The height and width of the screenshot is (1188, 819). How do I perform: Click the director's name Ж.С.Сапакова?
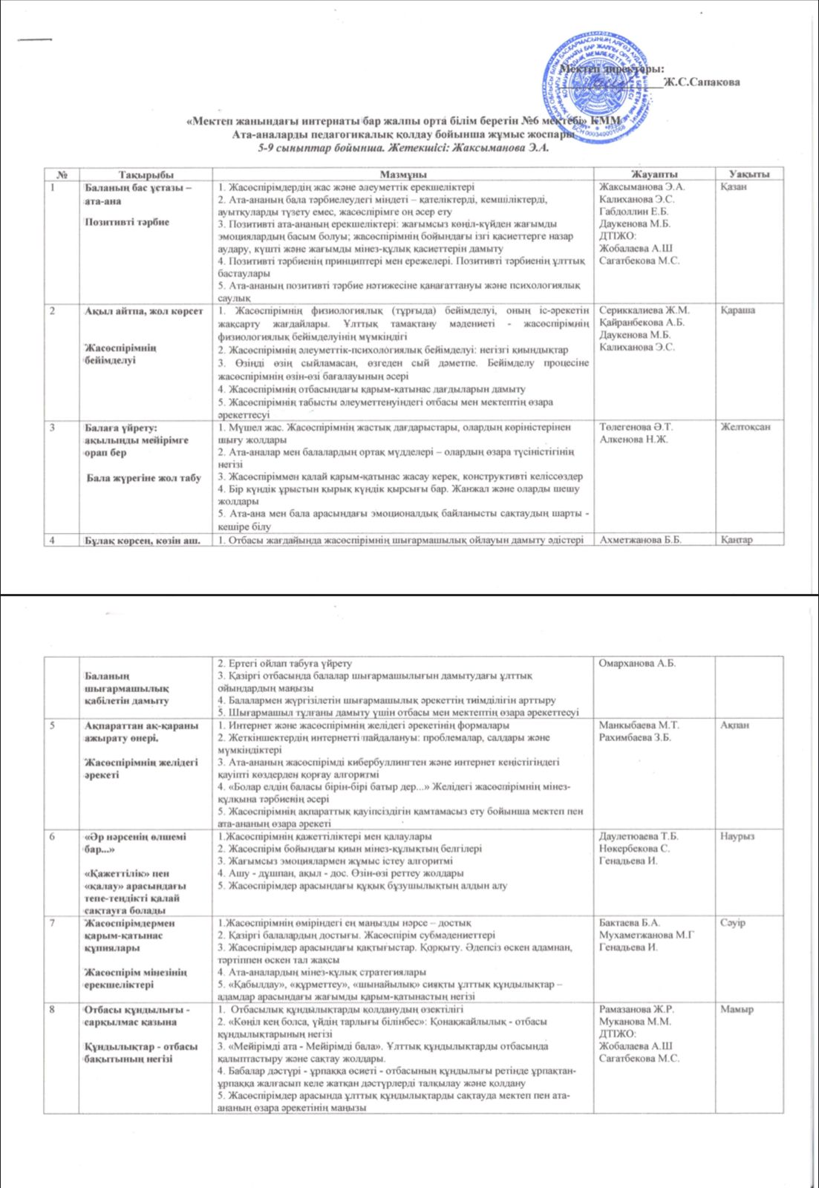[x=702, y=82]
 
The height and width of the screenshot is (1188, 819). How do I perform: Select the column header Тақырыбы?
[x=146, y=174]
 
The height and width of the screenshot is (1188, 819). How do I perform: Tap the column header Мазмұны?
[x=402, y=174]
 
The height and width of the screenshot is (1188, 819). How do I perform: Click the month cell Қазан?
[x=734, y=186]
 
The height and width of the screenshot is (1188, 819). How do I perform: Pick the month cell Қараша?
[x=737, y=310]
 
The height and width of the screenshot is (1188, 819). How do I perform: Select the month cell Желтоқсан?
[x=745, y=427]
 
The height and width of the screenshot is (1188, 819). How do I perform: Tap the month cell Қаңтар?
[x=737, y=540]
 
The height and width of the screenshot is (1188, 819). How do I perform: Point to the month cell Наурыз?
[x=737, y=836]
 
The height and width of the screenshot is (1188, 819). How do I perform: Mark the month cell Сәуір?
[x=733, y=923]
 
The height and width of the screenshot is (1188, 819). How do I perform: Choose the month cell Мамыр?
[x=737, y=1010]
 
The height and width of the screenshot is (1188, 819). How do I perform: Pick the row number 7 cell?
[x=53, y=923]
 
